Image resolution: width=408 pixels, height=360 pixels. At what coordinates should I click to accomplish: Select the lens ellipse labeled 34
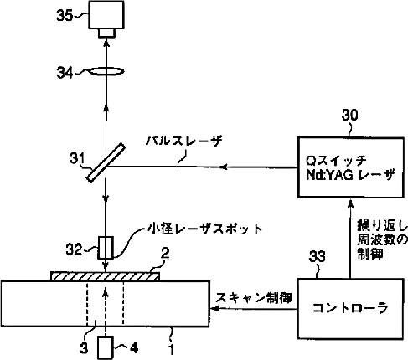(106, 72)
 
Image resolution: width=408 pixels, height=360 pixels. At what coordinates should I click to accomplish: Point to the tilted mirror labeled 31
(105, 162)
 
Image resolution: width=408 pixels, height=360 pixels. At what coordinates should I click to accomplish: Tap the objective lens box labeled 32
(106, 248)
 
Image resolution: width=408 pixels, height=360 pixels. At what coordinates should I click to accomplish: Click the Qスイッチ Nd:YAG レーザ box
(351, 167)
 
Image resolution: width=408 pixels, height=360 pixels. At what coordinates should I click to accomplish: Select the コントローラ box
(350, 308)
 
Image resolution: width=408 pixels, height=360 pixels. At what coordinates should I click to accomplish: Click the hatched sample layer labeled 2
(106, 276)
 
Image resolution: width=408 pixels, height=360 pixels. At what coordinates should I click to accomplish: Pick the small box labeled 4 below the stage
(106, 347)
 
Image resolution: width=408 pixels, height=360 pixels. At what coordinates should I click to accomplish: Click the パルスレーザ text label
(183, 141)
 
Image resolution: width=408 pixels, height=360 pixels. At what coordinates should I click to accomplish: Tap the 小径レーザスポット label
(205, 229)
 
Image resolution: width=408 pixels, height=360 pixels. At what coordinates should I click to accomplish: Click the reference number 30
(349, 115)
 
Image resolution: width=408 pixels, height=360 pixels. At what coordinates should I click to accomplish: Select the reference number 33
(318, 256)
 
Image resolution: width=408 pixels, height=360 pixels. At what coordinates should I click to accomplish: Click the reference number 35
(65, 15)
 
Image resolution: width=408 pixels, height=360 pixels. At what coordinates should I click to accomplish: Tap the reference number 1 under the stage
(172, 349)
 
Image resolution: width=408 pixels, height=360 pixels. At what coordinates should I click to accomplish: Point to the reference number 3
(84, 348)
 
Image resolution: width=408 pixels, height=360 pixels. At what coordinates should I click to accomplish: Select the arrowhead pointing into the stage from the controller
(214, 309)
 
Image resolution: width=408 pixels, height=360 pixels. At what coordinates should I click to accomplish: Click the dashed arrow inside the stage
(106, 311)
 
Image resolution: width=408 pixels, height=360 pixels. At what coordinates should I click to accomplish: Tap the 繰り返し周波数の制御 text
(382, 239)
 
